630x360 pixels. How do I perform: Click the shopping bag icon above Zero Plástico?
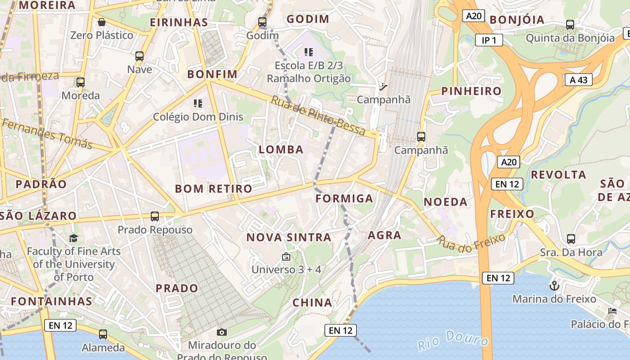coord(102,22)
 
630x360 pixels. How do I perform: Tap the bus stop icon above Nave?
coord(139,56)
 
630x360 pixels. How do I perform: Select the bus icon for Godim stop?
coord(262,22)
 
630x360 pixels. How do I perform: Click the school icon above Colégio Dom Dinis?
coord(198,103)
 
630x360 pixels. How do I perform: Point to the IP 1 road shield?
coord(489,40)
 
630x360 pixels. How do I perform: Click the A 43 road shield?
coord(578,80)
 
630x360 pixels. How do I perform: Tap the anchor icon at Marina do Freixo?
coord(554,285)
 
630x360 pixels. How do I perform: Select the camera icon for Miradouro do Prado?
coord(221,332)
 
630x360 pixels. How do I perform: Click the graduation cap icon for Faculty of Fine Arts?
coord(73,238)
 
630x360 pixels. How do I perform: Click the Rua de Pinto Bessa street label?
coord(318,116)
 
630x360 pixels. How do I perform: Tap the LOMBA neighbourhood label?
coord(281,150)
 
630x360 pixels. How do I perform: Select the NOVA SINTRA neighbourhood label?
coord(288,237)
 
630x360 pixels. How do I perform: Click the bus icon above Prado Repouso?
coord(155,216)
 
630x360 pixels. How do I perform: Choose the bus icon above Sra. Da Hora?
coord(571,239)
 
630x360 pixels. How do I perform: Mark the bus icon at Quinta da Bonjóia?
coord(570,25)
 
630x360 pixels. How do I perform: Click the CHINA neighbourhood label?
coord(312,303)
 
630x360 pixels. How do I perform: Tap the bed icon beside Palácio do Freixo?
coord(612,310)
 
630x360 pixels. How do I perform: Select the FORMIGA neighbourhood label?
coord(344,198)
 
